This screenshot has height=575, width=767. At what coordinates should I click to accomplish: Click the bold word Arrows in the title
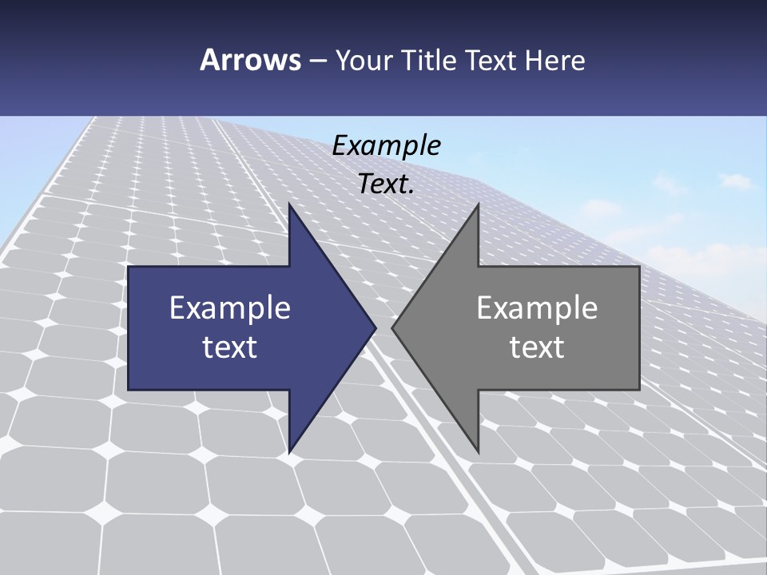[x=250, y=60]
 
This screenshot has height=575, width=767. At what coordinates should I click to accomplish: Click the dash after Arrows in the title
[x=317, y=61]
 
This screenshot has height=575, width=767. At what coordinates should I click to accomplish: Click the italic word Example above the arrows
[x=386, y=146]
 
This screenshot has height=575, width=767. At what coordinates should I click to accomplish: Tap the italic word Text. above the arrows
[x=386, y=184]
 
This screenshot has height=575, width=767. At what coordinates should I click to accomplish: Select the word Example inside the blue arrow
[x=230, y=308]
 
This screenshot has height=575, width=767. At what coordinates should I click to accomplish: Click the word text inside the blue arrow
[x=230, y=347]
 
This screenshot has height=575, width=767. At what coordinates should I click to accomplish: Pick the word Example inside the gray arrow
[x=537, y=308]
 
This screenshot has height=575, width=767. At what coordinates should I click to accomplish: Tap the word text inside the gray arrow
[x=537, y=347]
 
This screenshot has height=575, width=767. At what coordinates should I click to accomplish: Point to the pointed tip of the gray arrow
[x=392, y=327]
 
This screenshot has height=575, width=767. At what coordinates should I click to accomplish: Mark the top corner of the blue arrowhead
[x=289, y=204]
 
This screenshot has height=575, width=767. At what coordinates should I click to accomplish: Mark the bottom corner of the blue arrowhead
[x=289, y=452]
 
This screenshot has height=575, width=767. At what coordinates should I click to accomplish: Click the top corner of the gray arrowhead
[x=478, y=204]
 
